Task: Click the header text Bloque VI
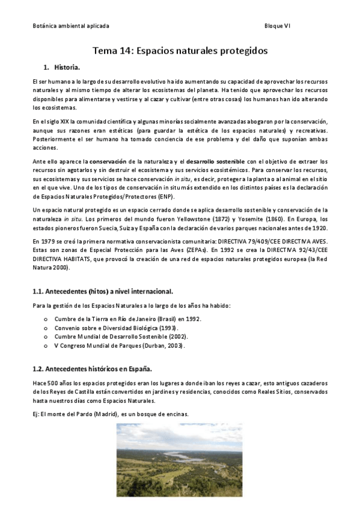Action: (277, 26)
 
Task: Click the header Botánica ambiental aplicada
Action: (70, 26)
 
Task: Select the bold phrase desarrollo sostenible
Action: (215, 161)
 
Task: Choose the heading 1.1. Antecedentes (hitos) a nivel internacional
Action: (103, 292)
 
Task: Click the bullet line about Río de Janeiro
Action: (127, 319)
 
